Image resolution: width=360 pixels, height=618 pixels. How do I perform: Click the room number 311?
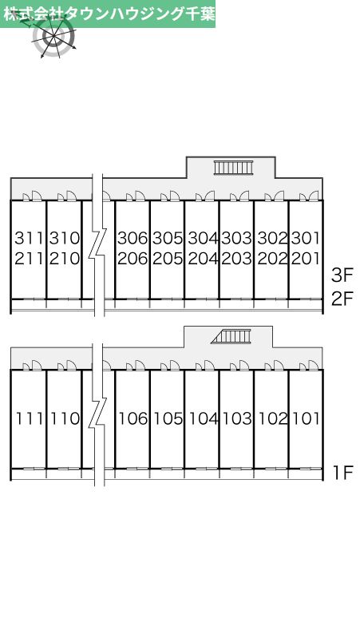(30, 238)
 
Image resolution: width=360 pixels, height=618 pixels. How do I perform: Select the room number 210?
(65, 259)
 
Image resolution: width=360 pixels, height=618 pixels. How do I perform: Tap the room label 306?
(133, 238)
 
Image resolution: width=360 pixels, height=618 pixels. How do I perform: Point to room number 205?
(168, 259)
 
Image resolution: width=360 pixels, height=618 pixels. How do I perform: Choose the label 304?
(203, 238)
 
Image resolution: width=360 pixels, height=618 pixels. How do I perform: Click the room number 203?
(237, 259)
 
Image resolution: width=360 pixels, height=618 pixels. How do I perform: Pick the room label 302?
(272, 238)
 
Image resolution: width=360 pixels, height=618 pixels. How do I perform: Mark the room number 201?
(306, 259)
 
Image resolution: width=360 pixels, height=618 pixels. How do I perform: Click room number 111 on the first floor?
(30, 418)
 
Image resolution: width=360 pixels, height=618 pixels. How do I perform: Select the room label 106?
(133, 418)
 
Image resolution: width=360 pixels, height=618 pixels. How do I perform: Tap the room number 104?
(204, 418)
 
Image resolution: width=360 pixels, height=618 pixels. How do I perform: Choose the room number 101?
(306, 418)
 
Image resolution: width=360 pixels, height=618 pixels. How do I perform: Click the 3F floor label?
(341, 275)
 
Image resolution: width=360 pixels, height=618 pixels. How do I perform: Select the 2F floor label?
(341, 299)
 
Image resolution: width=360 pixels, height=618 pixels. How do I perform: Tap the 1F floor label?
(342, 473)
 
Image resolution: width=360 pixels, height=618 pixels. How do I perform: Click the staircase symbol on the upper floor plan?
(233, 168)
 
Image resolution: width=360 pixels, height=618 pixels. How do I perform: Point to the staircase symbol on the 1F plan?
(231, 337)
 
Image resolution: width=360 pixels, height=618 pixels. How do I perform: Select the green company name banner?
(108, 14)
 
